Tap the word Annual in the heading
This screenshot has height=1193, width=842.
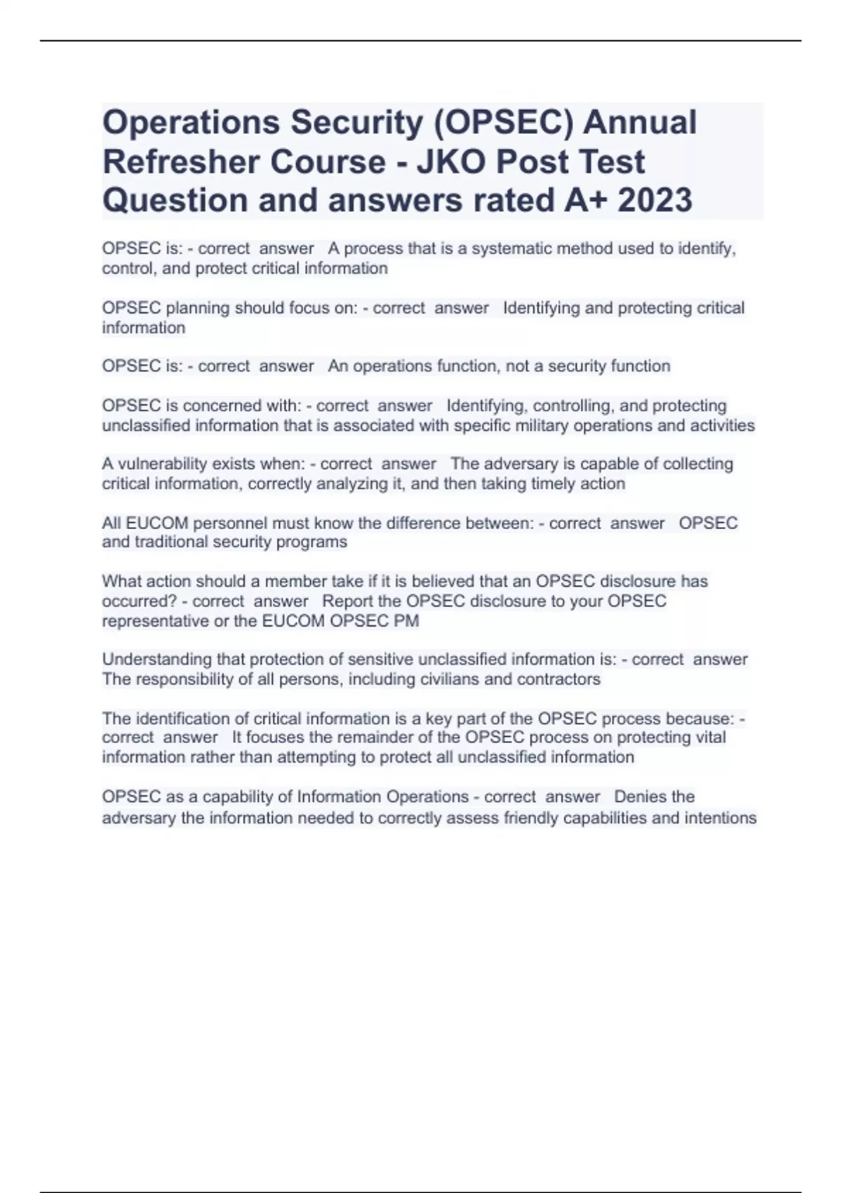(640, 122)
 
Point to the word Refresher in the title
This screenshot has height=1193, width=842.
(181, 161)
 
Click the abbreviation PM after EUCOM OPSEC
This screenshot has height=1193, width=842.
(407, 621)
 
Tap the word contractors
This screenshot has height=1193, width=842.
(559, 679)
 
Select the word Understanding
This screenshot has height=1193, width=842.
(154, 660)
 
